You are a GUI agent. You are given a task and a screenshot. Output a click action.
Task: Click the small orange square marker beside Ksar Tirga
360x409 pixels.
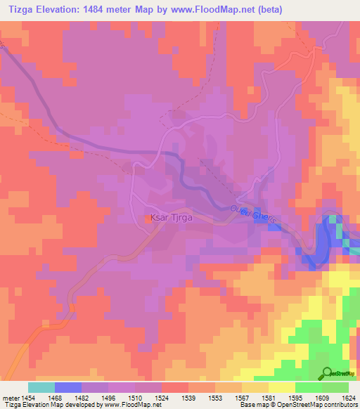pyautogui.click(x=147, y=219)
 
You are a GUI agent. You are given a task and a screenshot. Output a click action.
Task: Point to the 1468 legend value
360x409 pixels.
pyautogui.click(x=55, y=398)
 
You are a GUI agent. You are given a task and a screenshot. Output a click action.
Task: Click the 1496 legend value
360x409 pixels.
pyautogui.click(x=108, y=398)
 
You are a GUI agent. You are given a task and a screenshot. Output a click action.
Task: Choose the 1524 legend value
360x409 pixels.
pyautogui.click(x=162, y=398)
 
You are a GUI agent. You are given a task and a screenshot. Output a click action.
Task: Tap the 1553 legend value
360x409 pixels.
pyautogui.click(x=215, y=398)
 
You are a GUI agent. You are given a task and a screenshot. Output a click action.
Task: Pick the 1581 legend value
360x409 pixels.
pyautogui.click(x=269, y=398)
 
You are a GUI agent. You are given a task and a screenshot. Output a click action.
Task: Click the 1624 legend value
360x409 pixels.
pyautogui.click(x=349, y=398)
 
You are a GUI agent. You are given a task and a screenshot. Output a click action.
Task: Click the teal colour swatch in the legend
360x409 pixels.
pyautogui.click(x=41, y=387)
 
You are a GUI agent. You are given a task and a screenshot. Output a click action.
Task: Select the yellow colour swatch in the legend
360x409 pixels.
pyautogui.click(x=281, y=387)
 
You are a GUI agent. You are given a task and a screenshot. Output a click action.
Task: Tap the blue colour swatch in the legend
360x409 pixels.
pyautogui.click(x=67, y=387)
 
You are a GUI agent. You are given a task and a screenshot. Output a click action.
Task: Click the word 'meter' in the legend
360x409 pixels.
pyautogui.click(x=9, y=398)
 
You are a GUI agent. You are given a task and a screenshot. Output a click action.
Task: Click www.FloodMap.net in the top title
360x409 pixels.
pyautogui.click(x=238, y=10)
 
